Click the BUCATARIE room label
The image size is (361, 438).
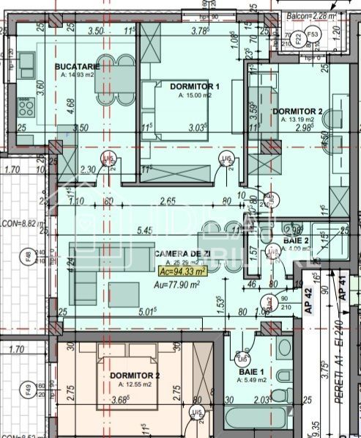(82, 66)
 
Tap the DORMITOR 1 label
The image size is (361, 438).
(195, 87)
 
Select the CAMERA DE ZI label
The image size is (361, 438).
(181, 253)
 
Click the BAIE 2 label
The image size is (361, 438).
(296, 240)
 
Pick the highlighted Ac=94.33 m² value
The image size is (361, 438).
(181, 270)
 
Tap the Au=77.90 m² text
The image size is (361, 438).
(182, 280)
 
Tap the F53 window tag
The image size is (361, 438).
(312, 34)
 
